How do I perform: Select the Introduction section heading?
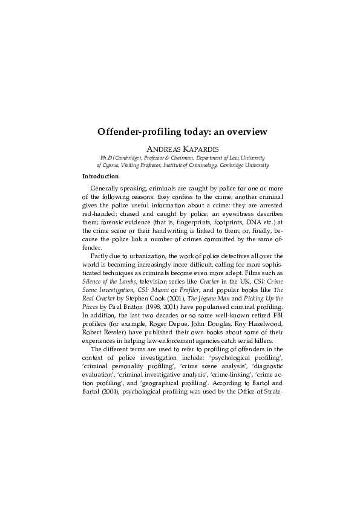coord(100,177)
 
